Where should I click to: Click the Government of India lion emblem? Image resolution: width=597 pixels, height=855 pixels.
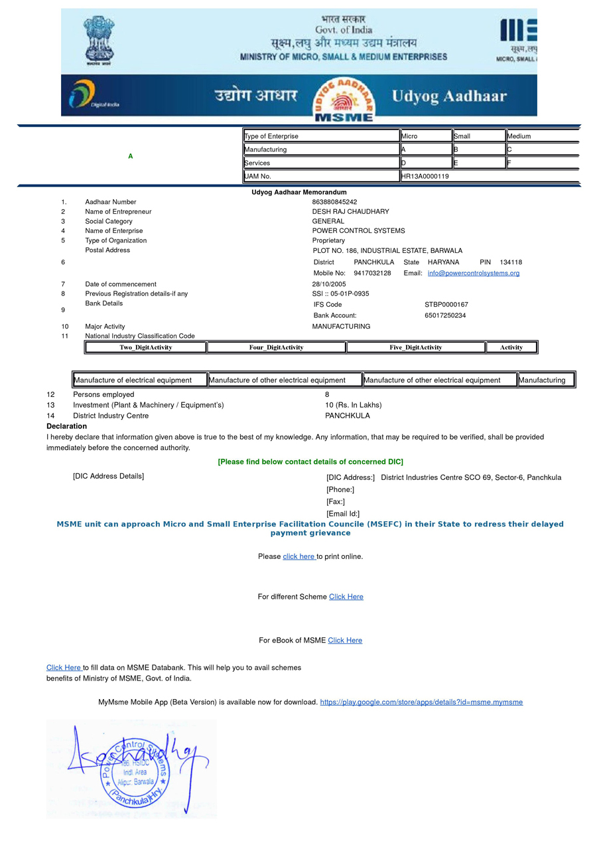point(99,40)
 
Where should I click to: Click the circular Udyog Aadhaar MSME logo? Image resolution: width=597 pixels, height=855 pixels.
point(344,100)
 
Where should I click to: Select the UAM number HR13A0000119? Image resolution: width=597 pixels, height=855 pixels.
point(425,177)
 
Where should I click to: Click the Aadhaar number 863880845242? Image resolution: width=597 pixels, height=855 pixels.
point(334,202)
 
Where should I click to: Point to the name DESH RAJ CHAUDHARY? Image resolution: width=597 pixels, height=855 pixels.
point(350,212)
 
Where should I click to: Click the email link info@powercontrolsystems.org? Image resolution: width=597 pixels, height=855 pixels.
point(473,273)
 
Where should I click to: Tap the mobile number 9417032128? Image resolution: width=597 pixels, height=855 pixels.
point(372,273)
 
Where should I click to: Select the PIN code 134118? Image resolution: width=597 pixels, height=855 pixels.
point(511,262)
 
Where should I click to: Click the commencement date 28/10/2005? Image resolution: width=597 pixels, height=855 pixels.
point(329,284)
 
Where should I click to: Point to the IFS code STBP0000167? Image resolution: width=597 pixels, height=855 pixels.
point(446,305)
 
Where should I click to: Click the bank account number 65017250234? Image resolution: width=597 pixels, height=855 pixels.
point(445,315)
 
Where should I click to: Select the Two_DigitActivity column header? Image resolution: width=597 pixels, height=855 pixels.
point(146,347)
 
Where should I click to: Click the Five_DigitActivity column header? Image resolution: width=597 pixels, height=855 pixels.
point(416,347)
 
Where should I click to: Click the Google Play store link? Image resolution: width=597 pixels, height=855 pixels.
point(421,702)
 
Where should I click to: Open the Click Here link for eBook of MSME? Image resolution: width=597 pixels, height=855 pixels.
point(345,641)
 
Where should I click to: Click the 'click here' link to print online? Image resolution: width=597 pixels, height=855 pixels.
point(299,556)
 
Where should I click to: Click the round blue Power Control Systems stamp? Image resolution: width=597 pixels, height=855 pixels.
point(135,772)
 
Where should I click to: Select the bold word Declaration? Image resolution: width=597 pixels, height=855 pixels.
point(66,426)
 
